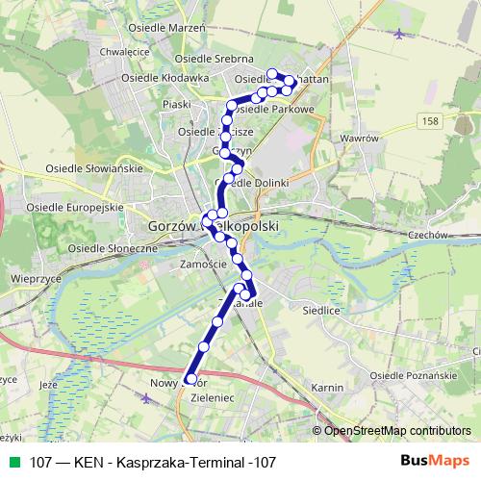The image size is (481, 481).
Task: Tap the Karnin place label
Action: coord(329,388)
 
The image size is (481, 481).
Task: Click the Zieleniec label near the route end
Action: coord(215,396)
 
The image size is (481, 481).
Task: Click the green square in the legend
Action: coord(13,462)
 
